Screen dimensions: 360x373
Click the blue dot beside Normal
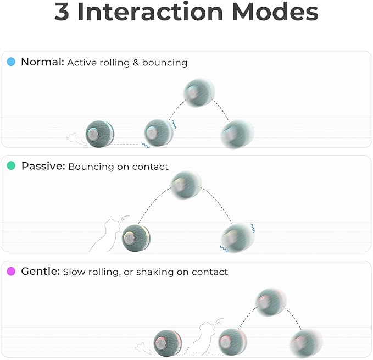click(x=11, y=62)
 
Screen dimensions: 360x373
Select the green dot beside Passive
click(x=11, y=166)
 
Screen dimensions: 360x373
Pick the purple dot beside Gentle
click(x=11, y=272)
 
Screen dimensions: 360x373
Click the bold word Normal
click(x=42, y=62)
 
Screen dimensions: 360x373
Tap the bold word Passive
click(x=43, y=166)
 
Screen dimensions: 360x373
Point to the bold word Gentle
click(x=40, y=272)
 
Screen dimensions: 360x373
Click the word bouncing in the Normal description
click(x=164, y=63)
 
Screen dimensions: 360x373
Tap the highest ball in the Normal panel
click(x=199, y=92)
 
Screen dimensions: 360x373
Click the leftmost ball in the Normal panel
click(x=100, y=134)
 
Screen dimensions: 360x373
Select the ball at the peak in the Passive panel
click(x=186, y=185)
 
